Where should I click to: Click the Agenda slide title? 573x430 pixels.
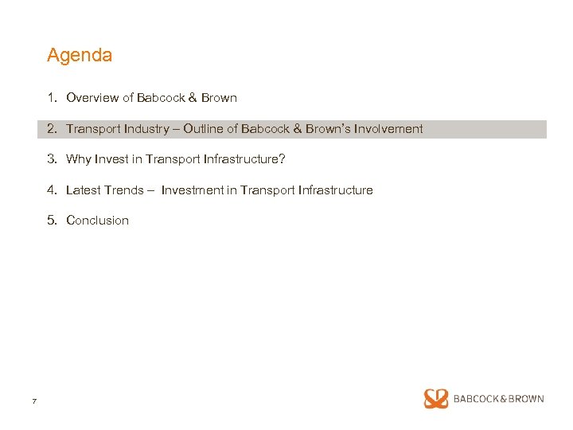(80, 56)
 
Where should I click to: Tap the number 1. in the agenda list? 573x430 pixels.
(52, 98)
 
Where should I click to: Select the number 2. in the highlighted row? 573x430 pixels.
(52, 129)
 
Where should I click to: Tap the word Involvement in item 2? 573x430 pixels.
(389, 129)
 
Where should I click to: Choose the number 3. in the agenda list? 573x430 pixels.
(52, 159)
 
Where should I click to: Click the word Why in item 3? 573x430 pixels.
(79, 159)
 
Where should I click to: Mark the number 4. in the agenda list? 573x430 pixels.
(52, 190)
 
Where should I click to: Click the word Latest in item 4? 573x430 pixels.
(84, 190)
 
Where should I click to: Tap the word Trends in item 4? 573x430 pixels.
(124, 190)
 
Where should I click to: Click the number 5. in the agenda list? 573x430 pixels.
(52, 221)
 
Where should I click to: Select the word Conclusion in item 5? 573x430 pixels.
(97, 221)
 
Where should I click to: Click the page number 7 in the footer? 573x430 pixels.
(34, 401)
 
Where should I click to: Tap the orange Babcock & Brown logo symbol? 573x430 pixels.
(436, 399)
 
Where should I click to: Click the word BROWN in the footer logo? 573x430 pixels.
(525, 399)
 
